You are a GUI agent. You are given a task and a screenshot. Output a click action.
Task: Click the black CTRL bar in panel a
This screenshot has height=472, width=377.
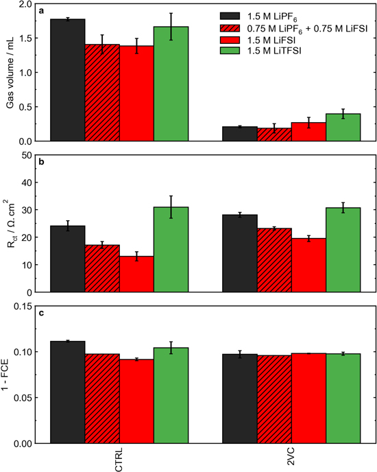[68, 80]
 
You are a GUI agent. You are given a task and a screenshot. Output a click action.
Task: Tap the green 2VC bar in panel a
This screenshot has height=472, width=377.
[343, 128]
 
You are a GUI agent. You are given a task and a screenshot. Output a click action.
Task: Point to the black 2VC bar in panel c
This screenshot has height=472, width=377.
[240, 399]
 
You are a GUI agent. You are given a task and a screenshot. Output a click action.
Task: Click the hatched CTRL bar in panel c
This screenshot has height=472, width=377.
[102, 399]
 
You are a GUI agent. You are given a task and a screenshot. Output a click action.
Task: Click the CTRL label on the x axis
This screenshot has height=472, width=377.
[120, 457]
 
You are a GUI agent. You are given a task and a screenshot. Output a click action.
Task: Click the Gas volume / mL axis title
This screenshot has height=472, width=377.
[10, 73]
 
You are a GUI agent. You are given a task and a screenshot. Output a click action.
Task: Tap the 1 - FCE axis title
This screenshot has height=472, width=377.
[10, 375]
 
